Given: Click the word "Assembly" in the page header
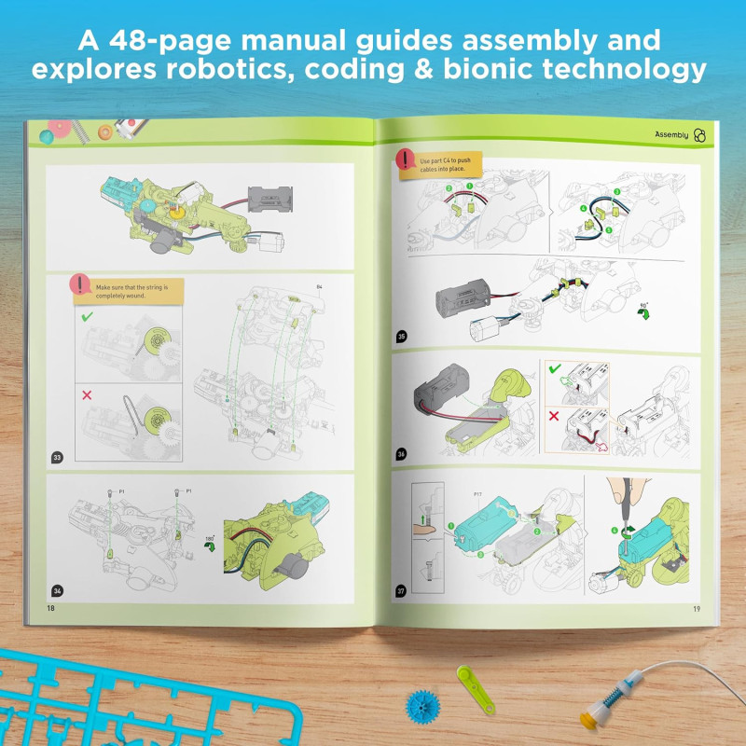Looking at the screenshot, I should (671, 135).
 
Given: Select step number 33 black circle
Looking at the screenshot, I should (58, 457).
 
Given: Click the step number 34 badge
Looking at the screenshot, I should (59, 589).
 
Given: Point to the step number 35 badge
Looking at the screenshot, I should (402, 337).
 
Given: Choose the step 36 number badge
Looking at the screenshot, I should (402, 454).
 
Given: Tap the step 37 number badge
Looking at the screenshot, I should (402, 590).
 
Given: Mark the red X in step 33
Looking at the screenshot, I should (87, 395).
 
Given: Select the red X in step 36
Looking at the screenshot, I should (552, 417).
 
